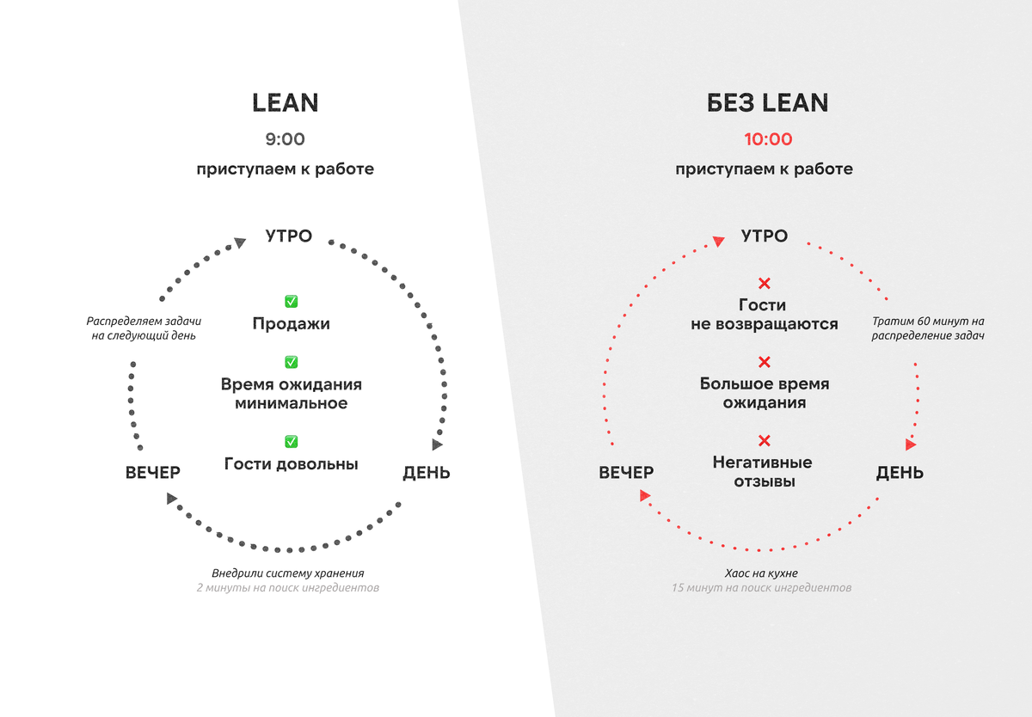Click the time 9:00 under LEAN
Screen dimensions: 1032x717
(285, 139)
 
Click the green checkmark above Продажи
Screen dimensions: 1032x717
(291, 301)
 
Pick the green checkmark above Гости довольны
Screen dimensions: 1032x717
(291, 441)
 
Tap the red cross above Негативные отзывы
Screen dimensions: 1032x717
(764, 441)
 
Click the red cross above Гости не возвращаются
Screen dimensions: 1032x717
(764, 283)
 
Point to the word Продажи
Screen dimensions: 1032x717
(291, 324)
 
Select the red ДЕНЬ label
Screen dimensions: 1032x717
(900, 473)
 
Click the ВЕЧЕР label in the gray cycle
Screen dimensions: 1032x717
(152, 473)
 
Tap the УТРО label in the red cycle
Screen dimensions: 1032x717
(764, 236)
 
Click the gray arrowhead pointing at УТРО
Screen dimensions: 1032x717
(240, 243)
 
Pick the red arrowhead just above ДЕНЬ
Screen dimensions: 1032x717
(911, 444)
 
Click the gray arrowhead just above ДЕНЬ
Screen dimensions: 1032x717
(438, 444)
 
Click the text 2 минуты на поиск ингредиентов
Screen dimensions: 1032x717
(286, 588)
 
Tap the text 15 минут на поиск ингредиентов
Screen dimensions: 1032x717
(762, 588)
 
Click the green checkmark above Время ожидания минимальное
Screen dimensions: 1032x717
(291, 362)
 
